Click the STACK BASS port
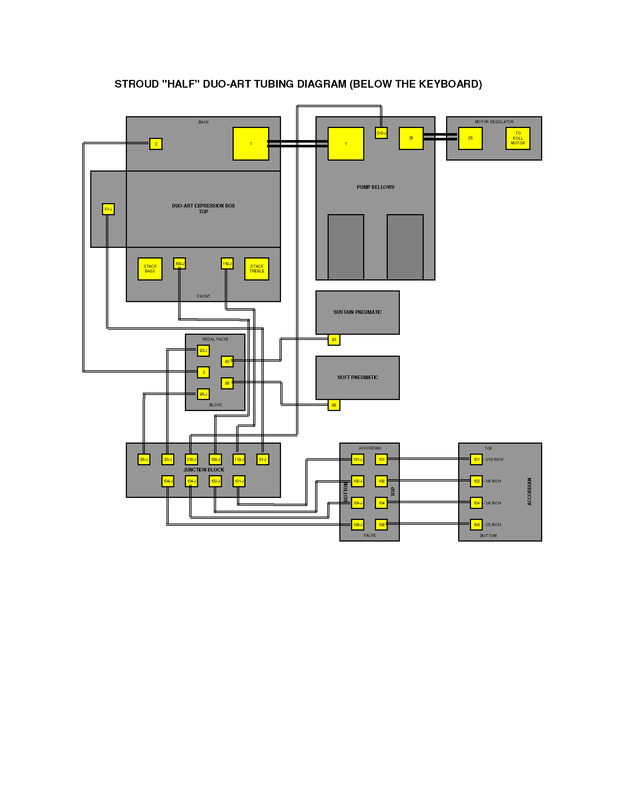(150, 269)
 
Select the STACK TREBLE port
(256, 269)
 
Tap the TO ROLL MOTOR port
(518, 138)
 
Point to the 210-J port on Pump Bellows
(381, 133)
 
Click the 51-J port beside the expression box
(108, 209)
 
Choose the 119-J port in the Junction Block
(239, 459)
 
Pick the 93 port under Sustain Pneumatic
(334, 340)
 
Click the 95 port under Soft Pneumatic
(334, 405)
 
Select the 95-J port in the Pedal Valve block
(203, 394)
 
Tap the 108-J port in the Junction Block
(168, 481)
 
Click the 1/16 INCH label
(494, 459)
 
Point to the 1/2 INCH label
(493, 525)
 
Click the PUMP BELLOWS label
(376, 187)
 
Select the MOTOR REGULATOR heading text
(494, 122)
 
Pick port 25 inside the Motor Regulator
(470, 138)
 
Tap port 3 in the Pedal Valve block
(203, 373)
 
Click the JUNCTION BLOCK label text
(204, 470)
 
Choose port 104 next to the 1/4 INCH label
(477, 503)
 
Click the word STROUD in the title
(136, 84)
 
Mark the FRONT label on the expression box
(203, 296)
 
